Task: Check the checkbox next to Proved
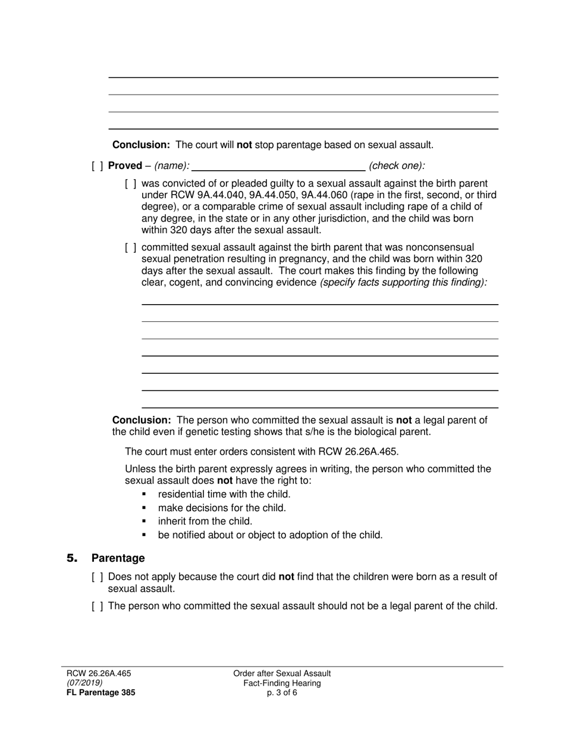pos(98,166)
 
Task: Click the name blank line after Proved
pos(278,166)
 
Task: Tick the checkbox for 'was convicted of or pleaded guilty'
pos(131,184)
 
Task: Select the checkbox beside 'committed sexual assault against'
pos(131,248)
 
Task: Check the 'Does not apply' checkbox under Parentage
pos(98,577)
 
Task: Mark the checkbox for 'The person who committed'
pos(98,606)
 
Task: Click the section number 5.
pos(72,558)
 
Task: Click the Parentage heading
pos(118,558)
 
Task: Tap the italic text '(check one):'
pos(397,166)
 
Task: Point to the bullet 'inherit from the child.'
pos(205,521)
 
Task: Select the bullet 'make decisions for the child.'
pos(222,508)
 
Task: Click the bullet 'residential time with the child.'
pos(224,495)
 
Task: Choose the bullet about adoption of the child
pos(270,535)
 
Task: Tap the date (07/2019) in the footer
pos(84,683)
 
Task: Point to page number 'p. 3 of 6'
pos(282,693)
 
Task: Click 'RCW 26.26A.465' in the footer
pos(98,674)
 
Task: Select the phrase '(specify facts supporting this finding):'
pos(403,283)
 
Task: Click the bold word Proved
pos(125,166)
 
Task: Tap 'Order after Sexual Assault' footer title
pos(282,674)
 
